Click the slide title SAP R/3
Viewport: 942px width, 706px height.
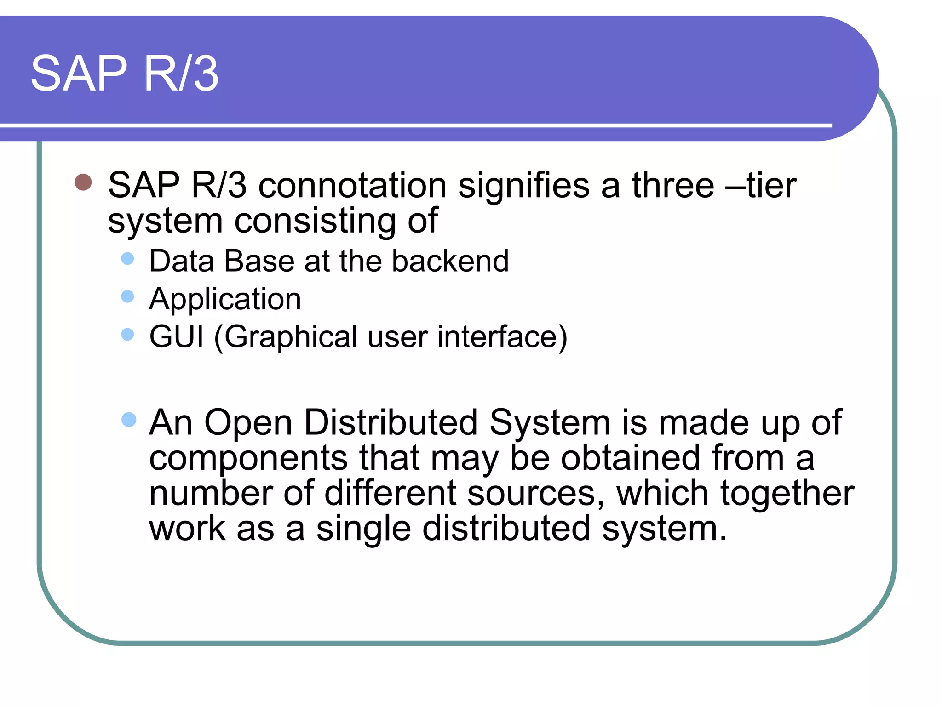124,74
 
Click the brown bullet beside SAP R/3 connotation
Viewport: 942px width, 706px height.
83,182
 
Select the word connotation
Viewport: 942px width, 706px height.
352,186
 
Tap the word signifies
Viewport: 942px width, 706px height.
524,186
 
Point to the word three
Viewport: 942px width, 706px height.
673,186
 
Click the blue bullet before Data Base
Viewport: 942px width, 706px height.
127,258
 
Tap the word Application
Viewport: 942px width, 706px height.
225,300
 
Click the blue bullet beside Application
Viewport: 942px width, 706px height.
127,296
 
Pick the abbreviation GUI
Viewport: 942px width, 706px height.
176,337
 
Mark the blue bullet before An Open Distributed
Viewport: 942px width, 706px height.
129,420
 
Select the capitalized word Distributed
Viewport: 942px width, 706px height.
391,422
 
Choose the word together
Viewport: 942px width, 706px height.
787,494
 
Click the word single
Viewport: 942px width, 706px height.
363,529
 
